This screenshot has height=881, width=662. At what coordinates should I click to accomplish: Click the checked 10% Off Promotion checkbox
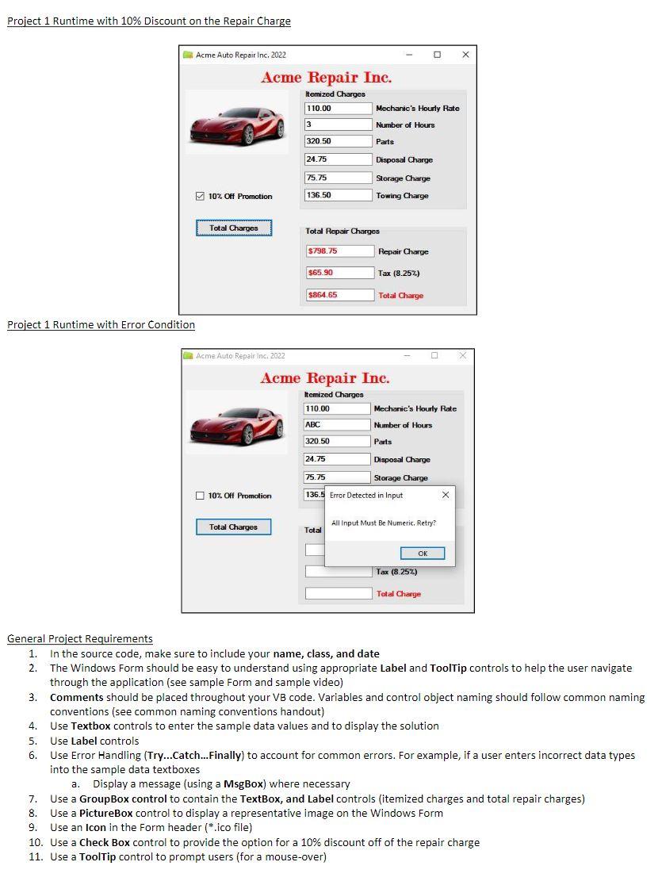point(200,197)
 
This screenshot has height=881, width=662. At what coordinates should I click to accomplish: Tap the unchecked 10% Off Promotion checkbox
point(200,496)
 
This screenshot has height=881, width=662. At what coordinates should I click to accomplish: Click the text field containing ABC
point(337,425)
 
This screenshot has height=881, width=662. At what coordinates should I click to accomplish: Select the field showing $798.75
point(339,251)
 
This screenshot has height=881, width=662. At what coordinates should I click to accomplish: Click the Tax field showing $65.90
point(339,273)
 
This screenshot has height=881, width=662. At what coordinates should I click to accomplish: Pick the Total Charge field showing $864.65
point(339,295)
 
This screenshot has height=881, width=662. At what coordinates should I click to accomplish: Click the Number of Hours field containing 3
point(338,124)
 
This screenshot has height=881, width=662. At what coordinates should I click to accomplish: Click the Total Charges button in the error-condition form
point(233,527)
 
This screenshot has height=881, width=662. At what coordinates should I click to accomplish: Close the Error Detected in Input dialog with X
point(445,496)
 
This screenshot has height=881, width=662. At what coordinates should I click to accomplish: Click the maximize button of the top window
point(437,55)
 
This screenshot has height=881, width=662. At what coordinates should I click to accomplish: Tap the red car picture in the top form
point(236,123)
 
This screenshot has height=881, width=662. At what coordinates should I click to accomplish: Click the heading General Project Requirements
point(80,639)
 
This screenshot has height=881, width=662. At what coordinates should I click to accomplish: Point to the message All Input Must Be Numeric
point(383,523)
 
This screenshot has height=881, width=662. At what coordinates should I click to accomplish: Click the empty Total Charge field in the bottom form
point(338,593)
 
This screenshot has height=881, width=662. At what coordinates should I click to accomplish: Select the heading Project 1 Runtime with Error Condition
point(101,324)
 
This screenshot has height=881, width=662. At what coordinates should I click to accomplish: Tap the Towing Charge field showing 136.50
point(338,195)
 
